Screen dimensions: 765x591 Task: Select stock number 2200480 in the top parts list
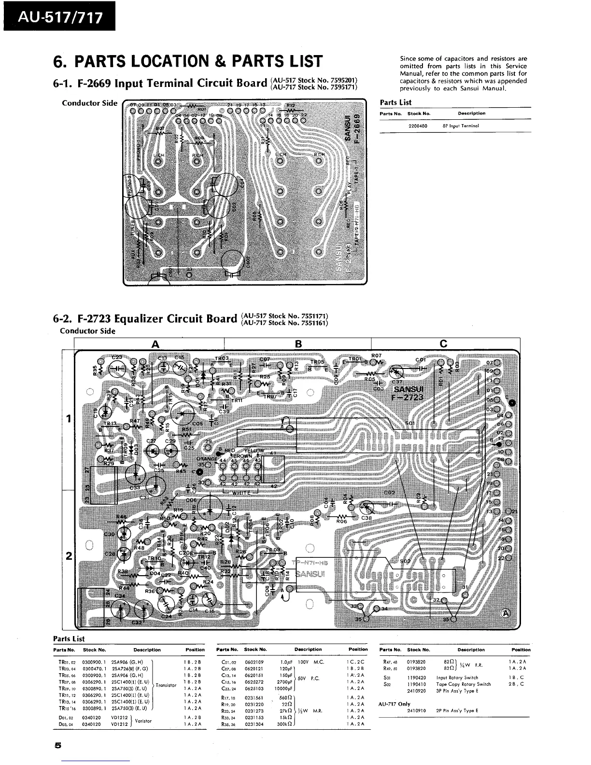tap(418, 126)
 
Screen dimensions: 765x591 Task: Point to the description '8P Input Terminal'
tap(461, 126)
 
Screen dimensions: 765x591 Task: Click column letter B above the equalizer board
tap(298, 344)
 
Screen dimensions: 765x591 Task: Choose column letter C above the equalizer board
tap(443, 344)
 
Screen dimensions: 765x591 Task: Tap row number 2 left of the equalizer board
tap(69, 556)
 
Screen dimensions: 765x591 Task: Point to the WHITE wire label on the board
tap(241, 493)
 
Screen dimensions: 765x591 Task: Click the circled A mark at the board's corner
tap(506, 613)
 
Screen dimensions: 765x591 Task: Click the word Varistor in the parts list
tap(143, 721)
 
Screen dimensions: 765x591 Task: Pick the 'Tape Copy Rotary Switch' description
tap(464, 684)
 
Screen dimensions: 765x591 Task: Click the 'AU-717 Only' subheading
tap(394, 704)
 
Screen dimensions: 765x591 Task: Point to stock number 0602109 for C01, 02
tap(254, 662)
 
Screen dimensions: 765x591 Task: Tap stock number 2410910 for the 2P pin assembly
tap(417, 710)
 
